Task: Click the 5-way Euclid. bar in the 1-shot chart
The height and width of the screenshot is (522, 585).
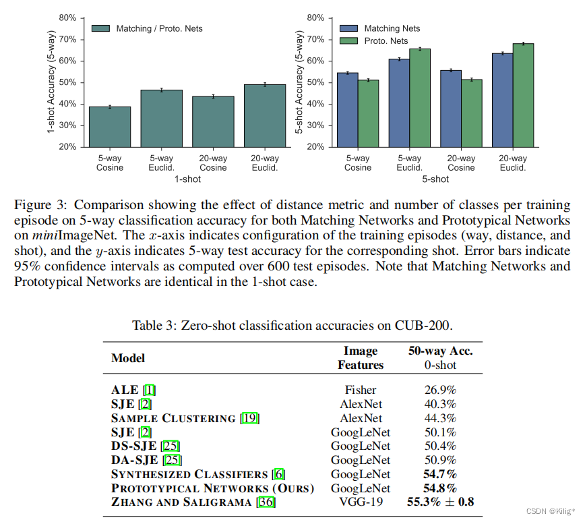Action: click(x=161, y=118)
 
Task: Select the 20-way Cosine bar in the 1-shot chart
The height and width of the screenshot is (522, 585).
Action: click(x=213, y=121)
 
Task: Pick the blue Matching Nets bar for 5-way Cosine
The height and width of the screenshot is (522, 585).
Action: click(x=347, y=109)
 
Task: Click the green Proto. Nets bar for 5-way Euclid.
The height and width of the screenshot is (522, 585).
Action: click(x=419, y=98)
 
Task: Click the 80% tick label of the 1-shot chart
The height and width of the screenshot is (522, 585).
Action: click(x=67, y=18)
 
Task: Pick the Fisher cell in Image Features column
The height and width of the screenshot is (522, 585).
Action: click(x=360, y=390)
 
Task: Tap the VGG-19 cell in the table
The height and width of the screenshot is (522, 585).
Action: click(x=360, y=502)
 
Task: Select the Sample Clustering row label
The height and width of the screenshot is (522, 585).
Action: click(x=173, y=418)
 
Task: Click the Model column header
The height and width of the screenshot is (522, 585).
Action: click(x=128, y=358)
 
